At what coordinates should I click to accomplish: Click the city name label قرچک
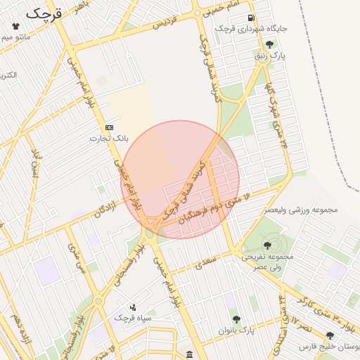[44, 13]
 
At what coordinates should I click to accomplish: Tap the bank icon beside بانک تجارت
[109, 127]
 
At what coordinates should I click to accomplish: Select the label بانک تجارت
[105, 139]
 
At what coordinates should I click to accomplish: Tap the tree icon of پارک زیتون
[269, 44]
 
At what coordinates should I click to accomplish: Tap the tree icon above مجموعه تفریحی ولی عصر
[266, 245]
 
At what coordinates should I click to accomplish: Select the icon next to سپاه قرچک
[134, 307]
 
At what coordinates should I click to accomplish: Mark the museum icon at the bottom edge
[189, 354]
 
